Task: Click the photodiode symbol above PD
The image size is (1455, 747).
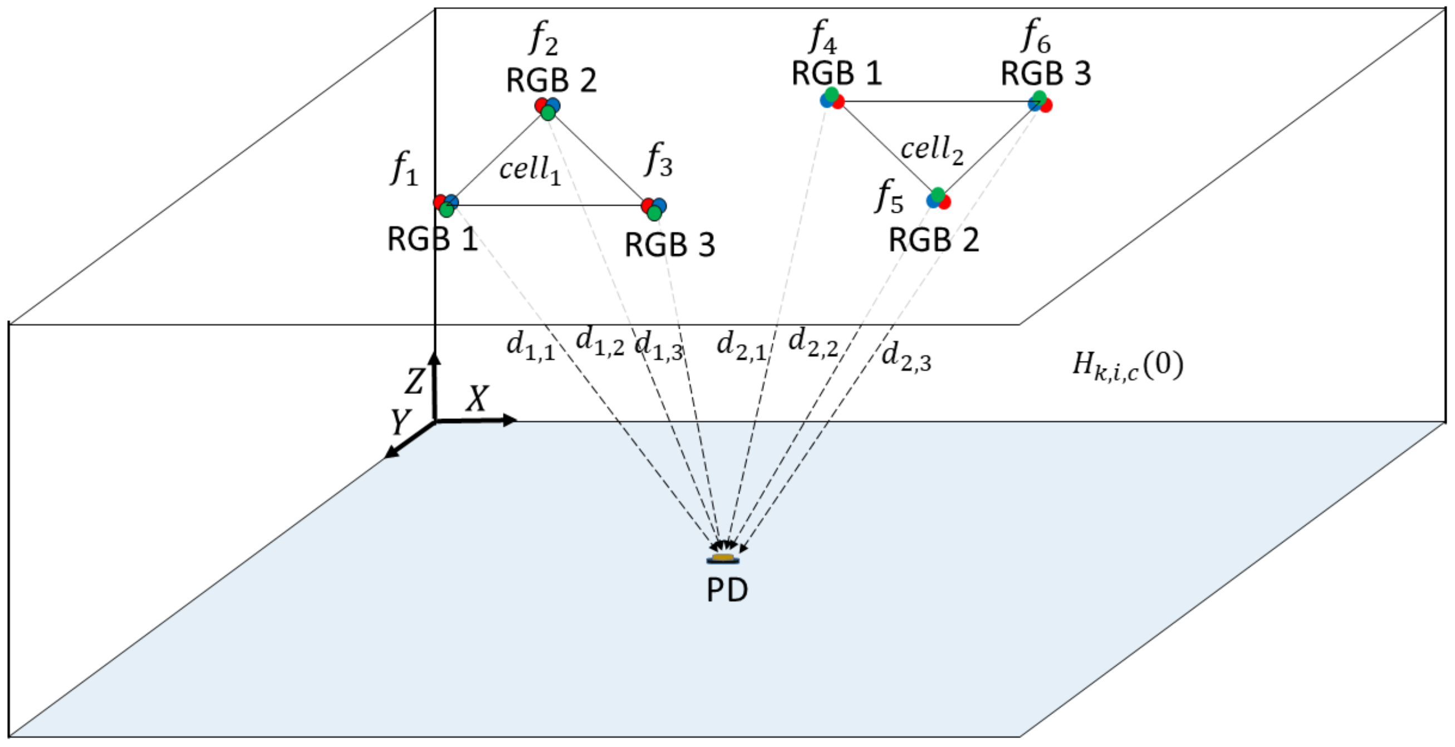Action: point(723,559)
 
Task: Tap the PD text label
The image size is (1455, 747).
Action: point(727,590)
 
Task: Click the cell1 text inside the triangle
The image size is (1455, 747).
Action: point(529,169)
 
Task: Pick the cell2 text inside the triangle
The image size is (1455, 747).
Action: point(932,150)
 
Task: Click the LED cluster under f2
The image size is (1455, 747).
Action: point(547,108)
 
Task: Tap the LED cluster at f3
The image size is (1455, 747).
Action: point(654,208)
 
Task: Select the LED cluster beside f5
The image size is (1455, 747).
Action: point(938,199)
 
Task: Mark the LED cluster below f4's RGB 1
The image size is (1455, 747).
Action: point(832,99)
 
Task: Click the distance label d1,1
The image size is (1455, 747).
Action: point(530,345)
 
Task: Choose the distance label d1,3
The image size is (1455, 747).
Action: point(659,346)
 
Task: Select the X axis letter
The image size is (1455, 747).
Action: point(477,399)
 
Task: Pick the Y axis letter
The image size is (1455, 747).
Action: point(400,422)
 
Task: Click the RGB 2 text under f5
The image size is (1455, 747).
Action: point(933,241)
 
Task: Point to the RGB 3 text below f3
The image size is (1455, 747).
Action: point(669,245)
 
